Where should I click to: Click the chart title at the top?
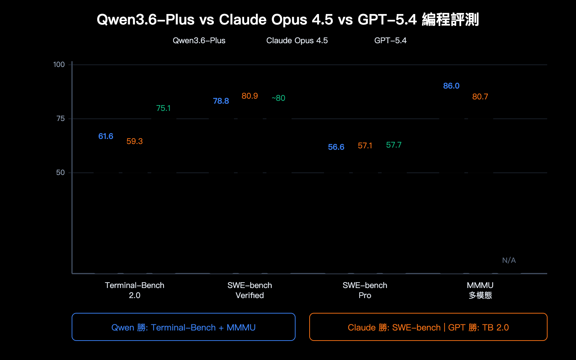click(288, 20)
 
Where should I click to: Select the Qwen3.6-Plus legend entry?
click(199, 41)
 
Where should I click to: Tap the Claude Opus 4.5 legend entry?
click(297, 41)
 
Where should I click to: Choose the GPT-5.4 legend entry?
click(390, 41)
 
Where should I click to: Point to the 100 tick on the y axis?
click(59, 65)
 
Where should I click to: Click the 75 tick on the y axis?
click(60, 119)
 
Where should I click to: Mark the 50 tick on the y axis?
click(60, 173)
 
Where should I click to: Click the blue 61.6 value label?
click(106, 136)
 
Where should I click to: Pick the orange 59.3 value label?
click(135, 141)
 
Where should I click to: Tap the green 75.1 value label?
click(163, 108)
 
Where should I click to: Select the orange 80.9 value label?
click(250, 96)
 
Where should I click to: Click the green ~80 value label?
click(278, 98)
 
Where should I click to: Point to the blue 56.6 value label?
click(336, 147)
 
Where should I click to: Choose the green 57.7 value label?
click(394, 145)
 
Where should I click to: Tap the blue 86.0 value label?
click(451, 86)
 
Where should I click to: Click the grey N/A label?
click(509, 260)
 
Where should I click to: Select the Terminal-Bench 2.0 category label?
click(135, 291)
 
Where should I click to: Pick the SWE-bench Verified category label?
click(250, 291)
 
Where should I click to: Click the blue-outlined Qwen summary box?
click(184, 327)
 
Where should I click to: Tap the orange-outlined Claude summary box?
click(428, 327)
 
